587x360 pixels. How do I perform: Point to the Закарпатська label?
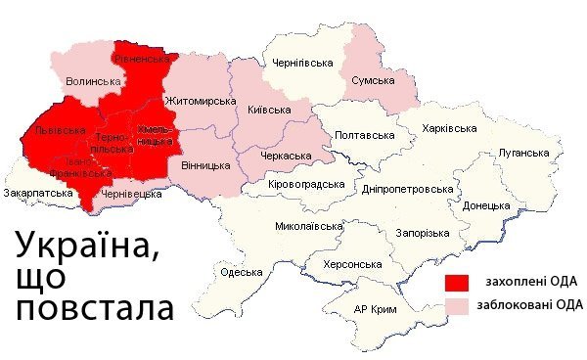point(39,194)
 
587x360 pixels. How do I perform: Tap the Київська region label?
point(269,111)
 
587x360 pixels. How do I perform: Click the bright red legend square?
point(456,283)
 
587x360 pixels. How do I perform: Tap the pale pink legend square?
point(456,306)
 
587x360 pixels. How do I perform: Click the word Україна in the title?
point(84,245)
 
